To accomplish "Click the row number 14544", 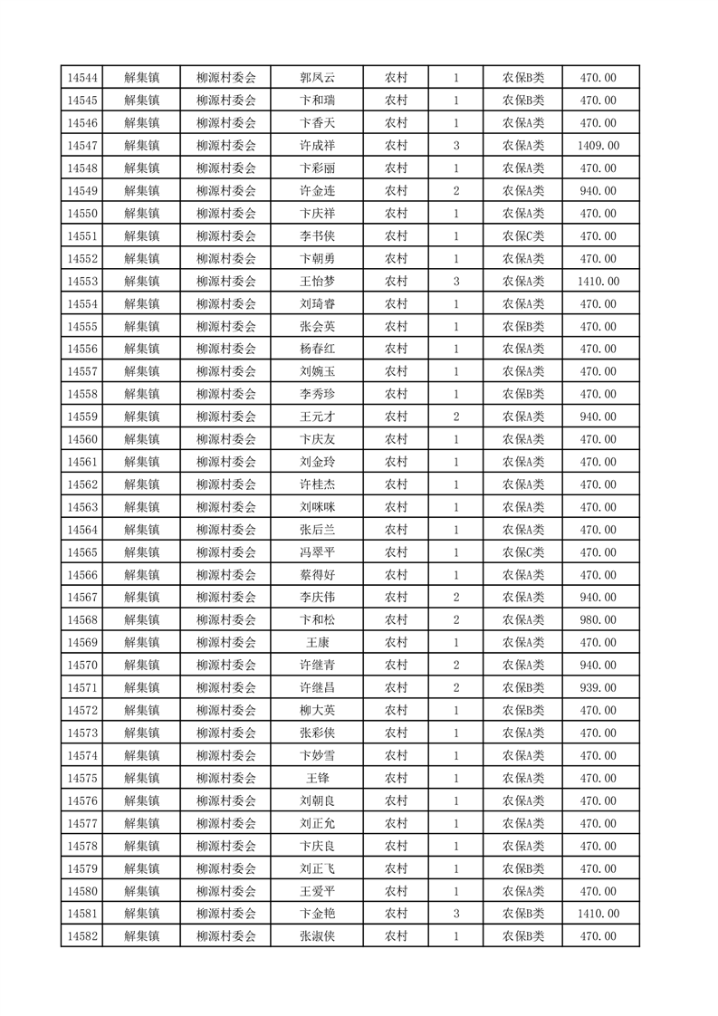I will coord(82,78).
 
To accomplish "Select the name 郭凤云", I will coord(318,78).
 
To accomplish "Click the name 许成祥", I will coord(318,146).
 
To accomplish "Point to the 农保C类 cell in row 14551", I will coord(523,236).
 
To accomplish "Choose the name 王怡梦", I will coord(318,282).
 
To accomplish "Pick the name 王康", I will coord(318,643).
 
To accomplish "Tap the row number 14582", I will coord(82,936).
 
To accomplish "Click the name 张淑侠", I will coord(318,936).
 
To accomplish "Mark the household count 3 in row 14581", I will coord(455,914).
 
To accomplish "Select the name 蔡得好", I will coord(318,575).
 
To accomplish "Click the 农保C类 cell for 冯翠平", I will coord(523,552).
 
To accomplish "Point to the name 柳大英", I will coord(318,711).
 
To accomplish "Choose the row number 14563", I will coord(82,507).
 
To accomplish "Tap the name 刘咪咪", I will coord(318,507).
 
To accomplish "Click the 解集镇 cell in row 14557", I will coord(142,372).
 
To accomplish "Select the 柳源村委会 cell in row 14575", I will coord(226,778).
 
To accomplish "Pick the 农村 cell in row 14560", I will coord(396,439).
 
